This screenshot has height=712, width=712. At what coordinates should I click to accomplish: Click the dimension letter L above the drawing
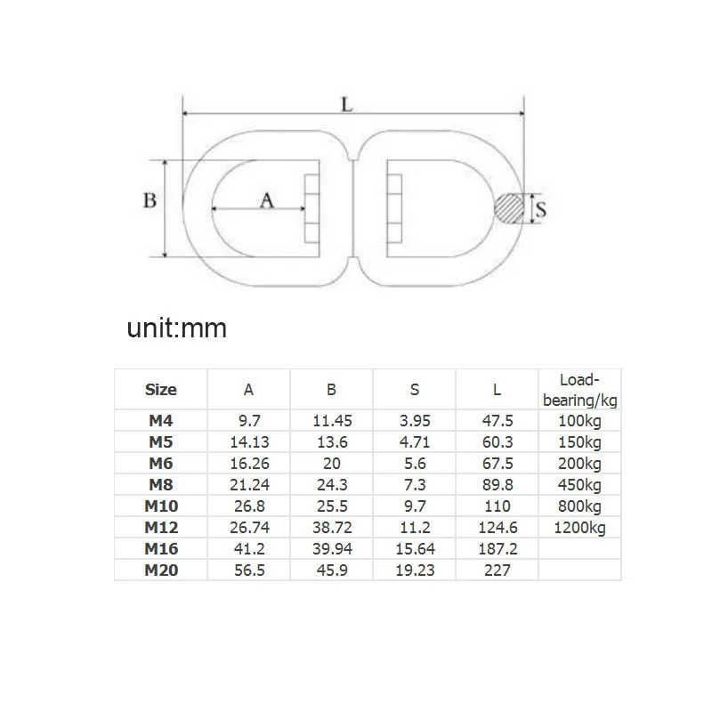348,103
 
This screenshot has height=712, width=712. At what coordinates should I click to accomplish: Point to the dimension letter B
150,200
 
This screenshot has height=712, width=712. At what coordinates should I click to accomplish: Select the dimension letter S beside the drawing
539,209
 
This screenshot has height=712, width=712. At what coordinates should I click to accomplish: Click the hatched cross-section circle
511,209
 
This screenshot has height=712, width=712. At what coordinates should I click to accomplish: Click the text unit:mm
177,328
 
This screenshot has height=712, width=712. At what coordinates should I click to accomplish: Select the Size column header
160,389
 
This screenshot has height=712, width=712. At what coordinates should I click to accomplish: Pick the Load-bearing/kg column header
579,389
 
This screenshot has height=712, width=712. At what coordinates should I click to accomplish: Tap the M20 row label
161,570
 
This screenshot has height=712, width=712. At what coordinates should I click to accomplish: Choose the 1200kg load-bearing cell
579,528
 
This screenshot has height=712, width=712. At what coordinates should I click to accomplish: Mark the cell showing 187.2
497,549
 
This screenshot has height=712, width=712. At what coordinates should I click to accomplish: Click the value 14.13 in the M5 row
248,442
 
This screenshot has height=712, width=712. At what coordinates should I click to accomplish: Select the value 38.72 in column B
331,528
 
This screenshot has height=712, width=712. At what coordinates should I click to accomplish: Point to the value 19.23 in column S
414,570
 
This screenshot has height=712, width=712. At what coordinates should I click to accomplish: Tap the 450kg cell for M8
579,485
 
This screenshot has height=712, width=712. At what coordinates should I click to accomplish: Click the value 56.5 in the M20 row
248,570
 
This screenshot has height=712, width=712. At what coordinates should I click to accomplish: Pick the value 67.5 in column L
497,464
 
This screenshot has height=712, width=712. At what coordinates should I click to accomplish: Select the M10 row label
161,506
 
